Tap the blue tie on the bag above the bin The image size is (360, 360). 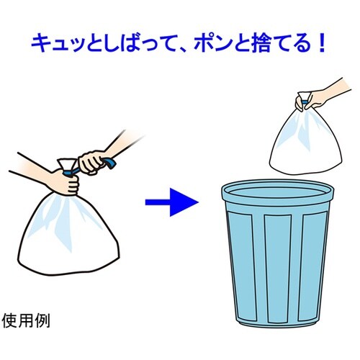coord(305,105)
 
